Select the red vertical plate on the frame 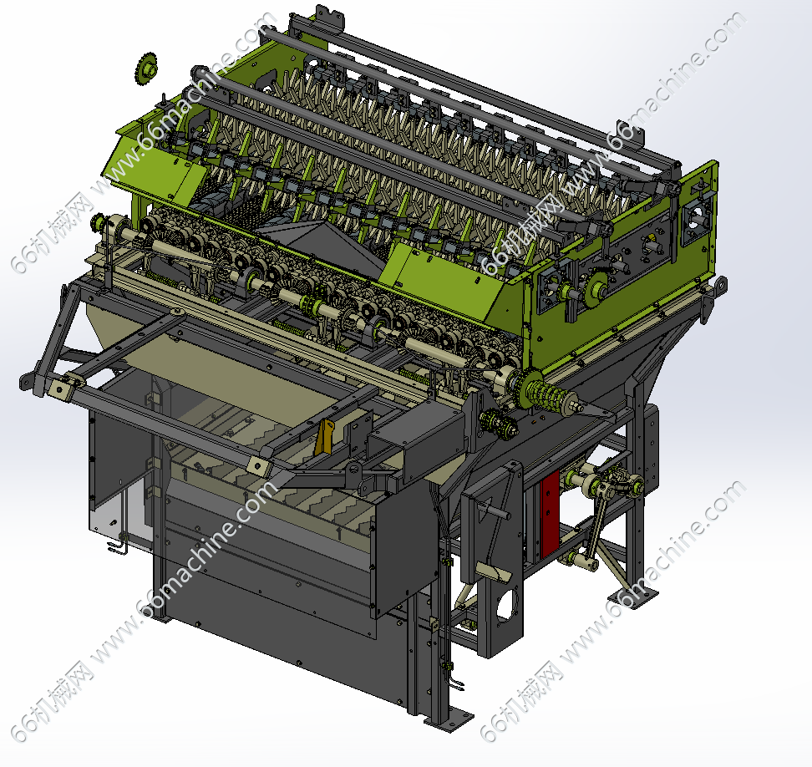click(x=550, y=513)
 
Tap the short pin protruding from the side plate click(x=496, y=509)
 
